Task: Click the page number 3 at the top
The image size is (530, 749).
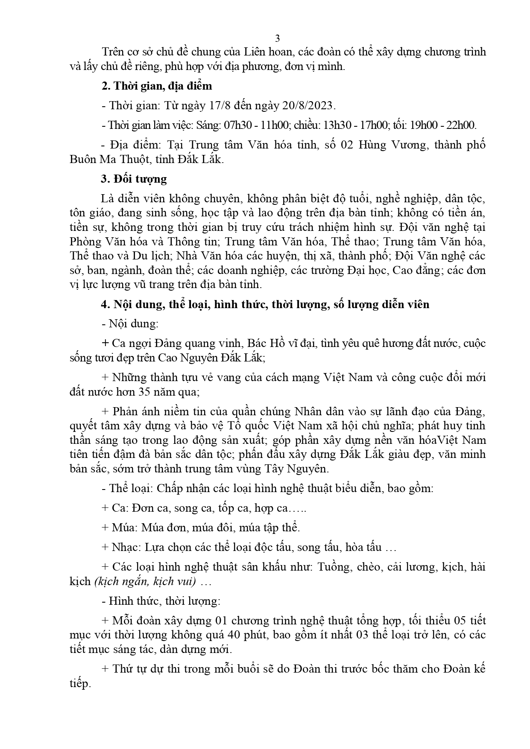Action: tap(277, 38)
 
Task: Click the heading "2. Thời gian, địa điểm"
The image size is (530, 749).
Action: tap(156, 86)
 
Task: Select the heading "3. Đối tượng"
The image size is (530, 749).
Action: tap(134, 179)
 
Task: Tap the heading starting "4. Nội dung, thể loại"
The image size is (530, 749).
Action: tap(265, 304)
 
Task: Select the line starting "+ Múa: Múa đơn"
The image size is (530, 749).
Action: tap(201, 527)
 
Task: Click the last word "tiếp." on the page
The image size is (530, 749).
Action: tap(80, 683)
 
